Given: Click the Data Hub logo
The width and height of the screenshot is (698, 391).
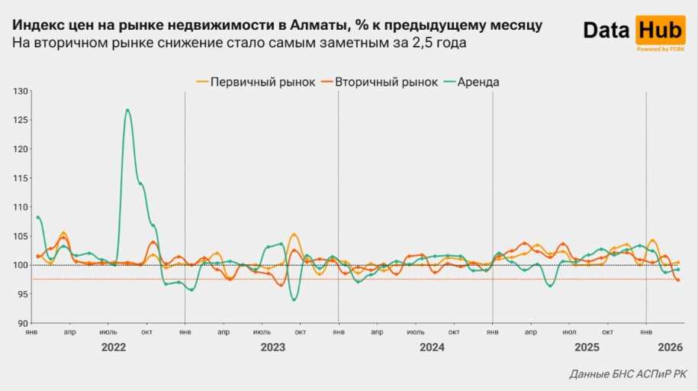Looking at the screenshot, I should (633, 31).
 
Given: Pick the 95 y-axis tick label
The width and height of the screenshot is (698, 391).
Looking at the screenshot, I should (22, 294).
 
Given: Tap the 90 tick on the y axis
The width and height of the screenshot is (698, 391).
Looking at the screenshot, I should (22, 323).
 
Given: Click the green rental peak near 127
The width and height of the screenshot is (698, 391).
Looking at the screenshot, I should (127, 110).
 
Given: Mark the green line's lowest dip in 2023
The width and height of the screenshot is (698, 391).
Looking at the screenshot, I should (294, 300).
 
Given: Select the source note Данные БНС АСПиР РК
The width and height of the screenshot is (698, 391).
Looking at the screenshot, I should (627, 375).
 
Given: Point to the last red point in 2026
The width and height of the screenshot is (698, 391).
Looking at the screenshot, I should (678, 280).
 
